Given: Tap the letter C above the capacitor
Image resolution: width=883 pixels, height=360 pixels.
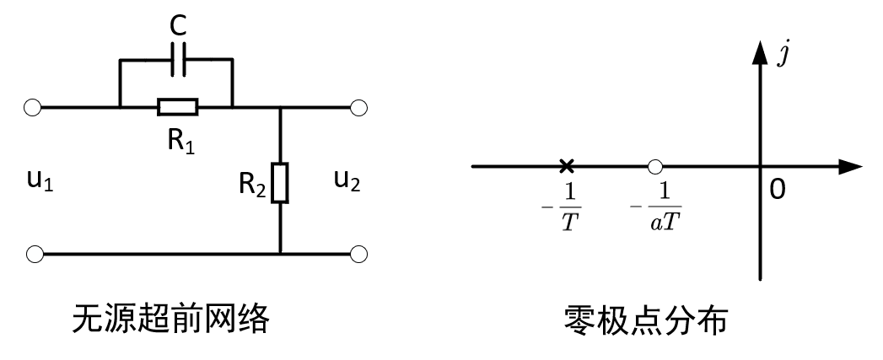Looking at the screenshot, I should tap(178, 26).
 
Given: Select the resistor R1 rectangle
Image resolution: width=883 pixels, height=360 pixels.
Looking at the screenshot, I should tap(177, 108).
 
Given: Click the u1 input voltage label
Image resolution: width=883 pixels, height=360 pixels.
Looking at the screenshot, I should tap(38, 180).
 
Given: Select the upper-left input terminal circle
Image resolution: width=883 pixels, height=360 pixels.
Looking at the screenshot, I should tap(33, 108).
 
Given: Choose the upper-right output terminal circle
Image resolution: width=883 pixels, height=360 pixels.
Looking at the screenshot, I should tap(358, 108).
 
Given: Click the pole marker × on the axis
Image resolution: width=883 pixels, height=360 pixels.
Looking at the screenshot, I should tap(567, 165).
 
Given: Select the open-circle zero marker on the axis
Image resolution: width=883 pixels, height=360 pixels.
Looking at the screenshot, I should tap(654, 165).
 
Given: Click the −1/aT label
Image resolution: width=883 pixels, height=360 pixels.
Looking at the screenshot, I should tap(659, 207).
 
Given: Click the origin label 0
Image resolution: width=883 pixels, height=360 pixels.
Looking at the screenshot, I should tap(777, 190).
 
